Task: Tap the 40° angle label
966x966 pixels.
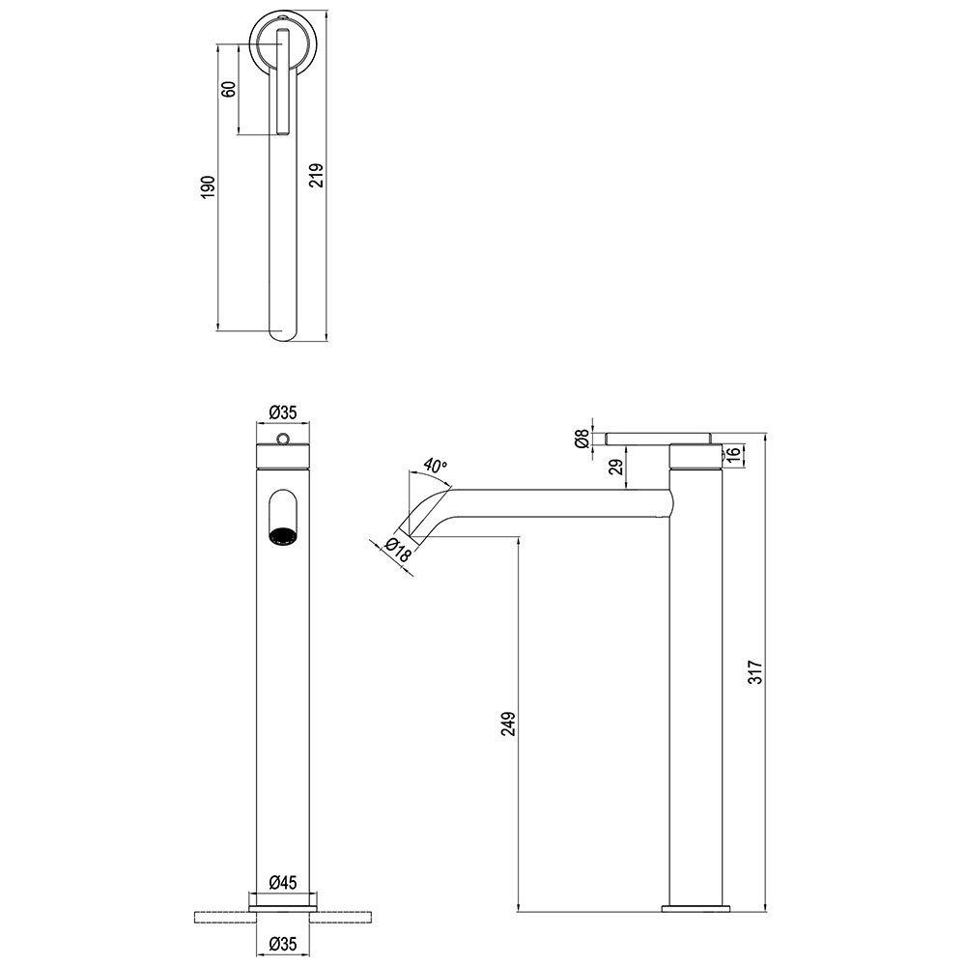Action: tap(435, 467)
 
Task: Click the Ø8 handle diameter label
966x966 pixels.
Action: tap(581, 439)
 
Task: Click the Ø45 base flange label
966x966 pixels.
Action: tap(283, 882)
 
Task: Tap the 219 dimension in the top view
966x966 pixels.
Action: tap(316, 176)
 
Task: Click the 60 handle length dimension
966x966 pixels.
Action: tap(229, 89)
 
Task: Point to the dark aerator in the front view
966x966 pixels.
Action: tap(282, 535)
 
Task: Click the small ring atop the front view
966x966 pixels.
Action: tap(282, 439)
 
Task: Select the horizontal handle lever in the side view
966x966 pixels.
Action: tap(659, 438)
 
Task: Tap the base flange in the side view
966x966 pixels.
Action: tap(695, 908)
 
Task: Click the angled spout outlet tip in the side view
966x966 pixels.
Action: tap(409, 534)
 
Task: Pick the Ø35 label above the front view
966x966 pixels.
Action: tap(283, 412)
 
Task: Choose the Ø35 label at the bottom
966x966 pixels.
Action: tap(283, 943)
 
